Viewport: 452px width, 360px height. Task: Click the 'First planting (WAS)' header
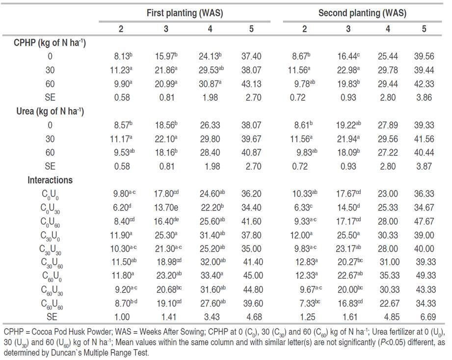185,13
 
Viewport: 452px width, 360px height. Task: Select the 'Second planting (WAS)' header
362,13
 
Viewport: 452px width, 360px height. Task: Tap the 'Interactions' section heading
50,180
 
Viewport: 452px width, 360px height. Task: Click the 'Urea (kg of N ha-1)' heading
50,111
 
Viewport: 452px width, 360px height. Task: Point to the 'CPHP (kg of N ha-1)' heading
50,43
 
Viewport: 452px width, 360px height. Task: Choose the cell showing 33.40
208,276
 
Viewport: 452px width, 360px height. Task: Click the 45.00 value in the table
251,276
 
